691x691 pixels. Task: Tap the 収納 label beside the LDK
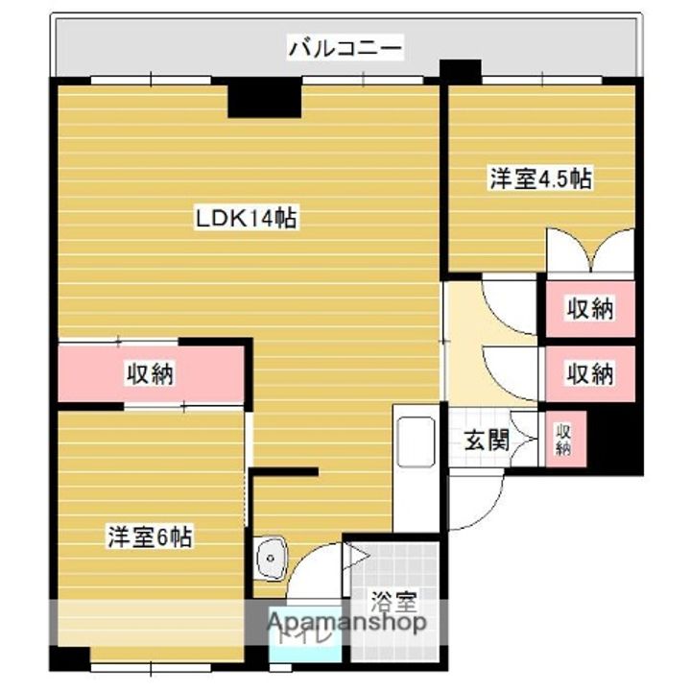[150, 374]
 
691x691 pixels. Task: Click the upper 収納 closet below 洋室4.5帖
[589, 309]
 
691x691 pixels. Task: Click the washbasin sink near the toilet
[272, 557]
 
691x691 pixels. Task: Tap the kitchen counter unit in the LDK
[416, 470]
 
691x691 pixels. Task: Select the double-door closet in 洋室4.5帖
[589, 251]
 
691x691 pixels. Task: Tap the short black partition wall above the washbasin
[284, 471]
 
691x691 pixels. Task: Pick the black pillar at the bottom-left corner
[69, 660]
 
